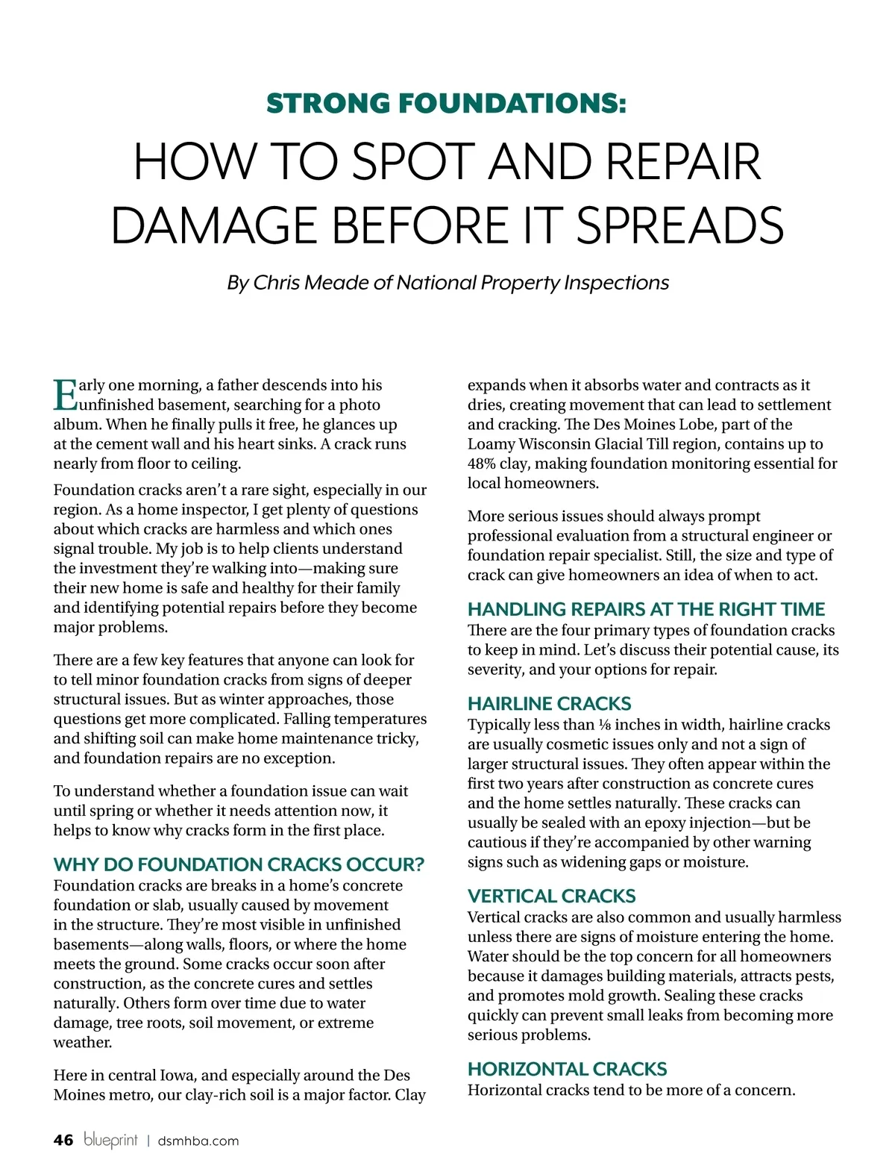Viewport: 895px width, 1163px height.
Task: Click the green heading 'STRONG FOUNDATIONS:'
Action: coord(446,103)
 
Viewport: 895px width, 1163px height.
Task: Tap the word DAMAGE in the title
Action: coord(216,225)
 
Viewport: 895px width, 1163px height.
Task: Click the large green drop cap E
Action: coord(65,395)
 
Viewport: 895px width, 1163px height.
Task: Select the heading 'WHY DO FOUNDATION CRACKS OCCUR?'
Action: coord(239,864)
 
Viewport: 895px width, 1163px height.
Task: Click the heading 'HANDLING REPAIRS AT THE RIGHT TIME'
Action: coord(646,609)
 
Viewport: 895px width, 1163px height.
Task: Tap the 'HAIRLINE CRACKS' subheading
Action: coord(549,703)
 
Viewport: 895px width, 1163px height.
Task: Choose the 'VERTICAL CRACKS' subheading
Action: coord(551,896)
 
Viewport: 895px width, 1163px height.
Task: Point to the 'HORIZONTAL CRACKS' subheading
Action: coord(567,1069)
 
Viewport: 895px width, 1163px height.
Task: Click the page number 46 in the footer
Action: coord(63,1140)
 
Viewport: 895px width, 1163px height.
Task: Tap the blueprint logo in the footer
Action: coord(110,1140)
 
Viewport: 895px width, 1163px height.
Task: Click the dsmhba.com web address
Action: coord(198,1141)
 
